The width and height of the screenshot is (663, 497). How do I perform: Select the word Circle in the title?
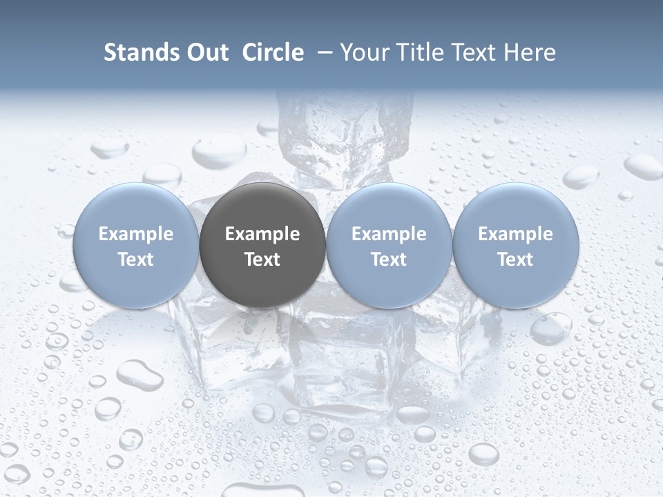coord(273,52)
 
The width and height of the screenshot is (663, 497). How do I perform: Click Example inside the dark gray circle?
coord(262,234)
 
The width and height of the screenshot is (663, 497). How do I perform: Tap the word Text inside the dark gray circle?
coord(262,260)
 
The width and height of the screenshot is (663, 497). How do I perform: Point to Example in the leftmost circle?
coord(136,234)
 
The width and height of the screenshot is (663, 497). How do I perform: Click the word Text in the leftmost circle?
coord(136,260)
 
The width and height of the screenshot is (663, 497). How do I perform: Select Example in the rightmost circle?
coord(516,234)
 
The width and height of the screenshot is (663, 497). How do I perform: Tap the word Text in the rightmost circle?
coord(516,260)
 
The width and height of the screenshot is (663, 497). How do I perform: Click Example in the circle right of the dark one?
coord(389,234)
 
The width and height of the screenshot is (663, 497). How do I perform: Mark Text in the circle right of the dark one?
coord(389,260)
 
